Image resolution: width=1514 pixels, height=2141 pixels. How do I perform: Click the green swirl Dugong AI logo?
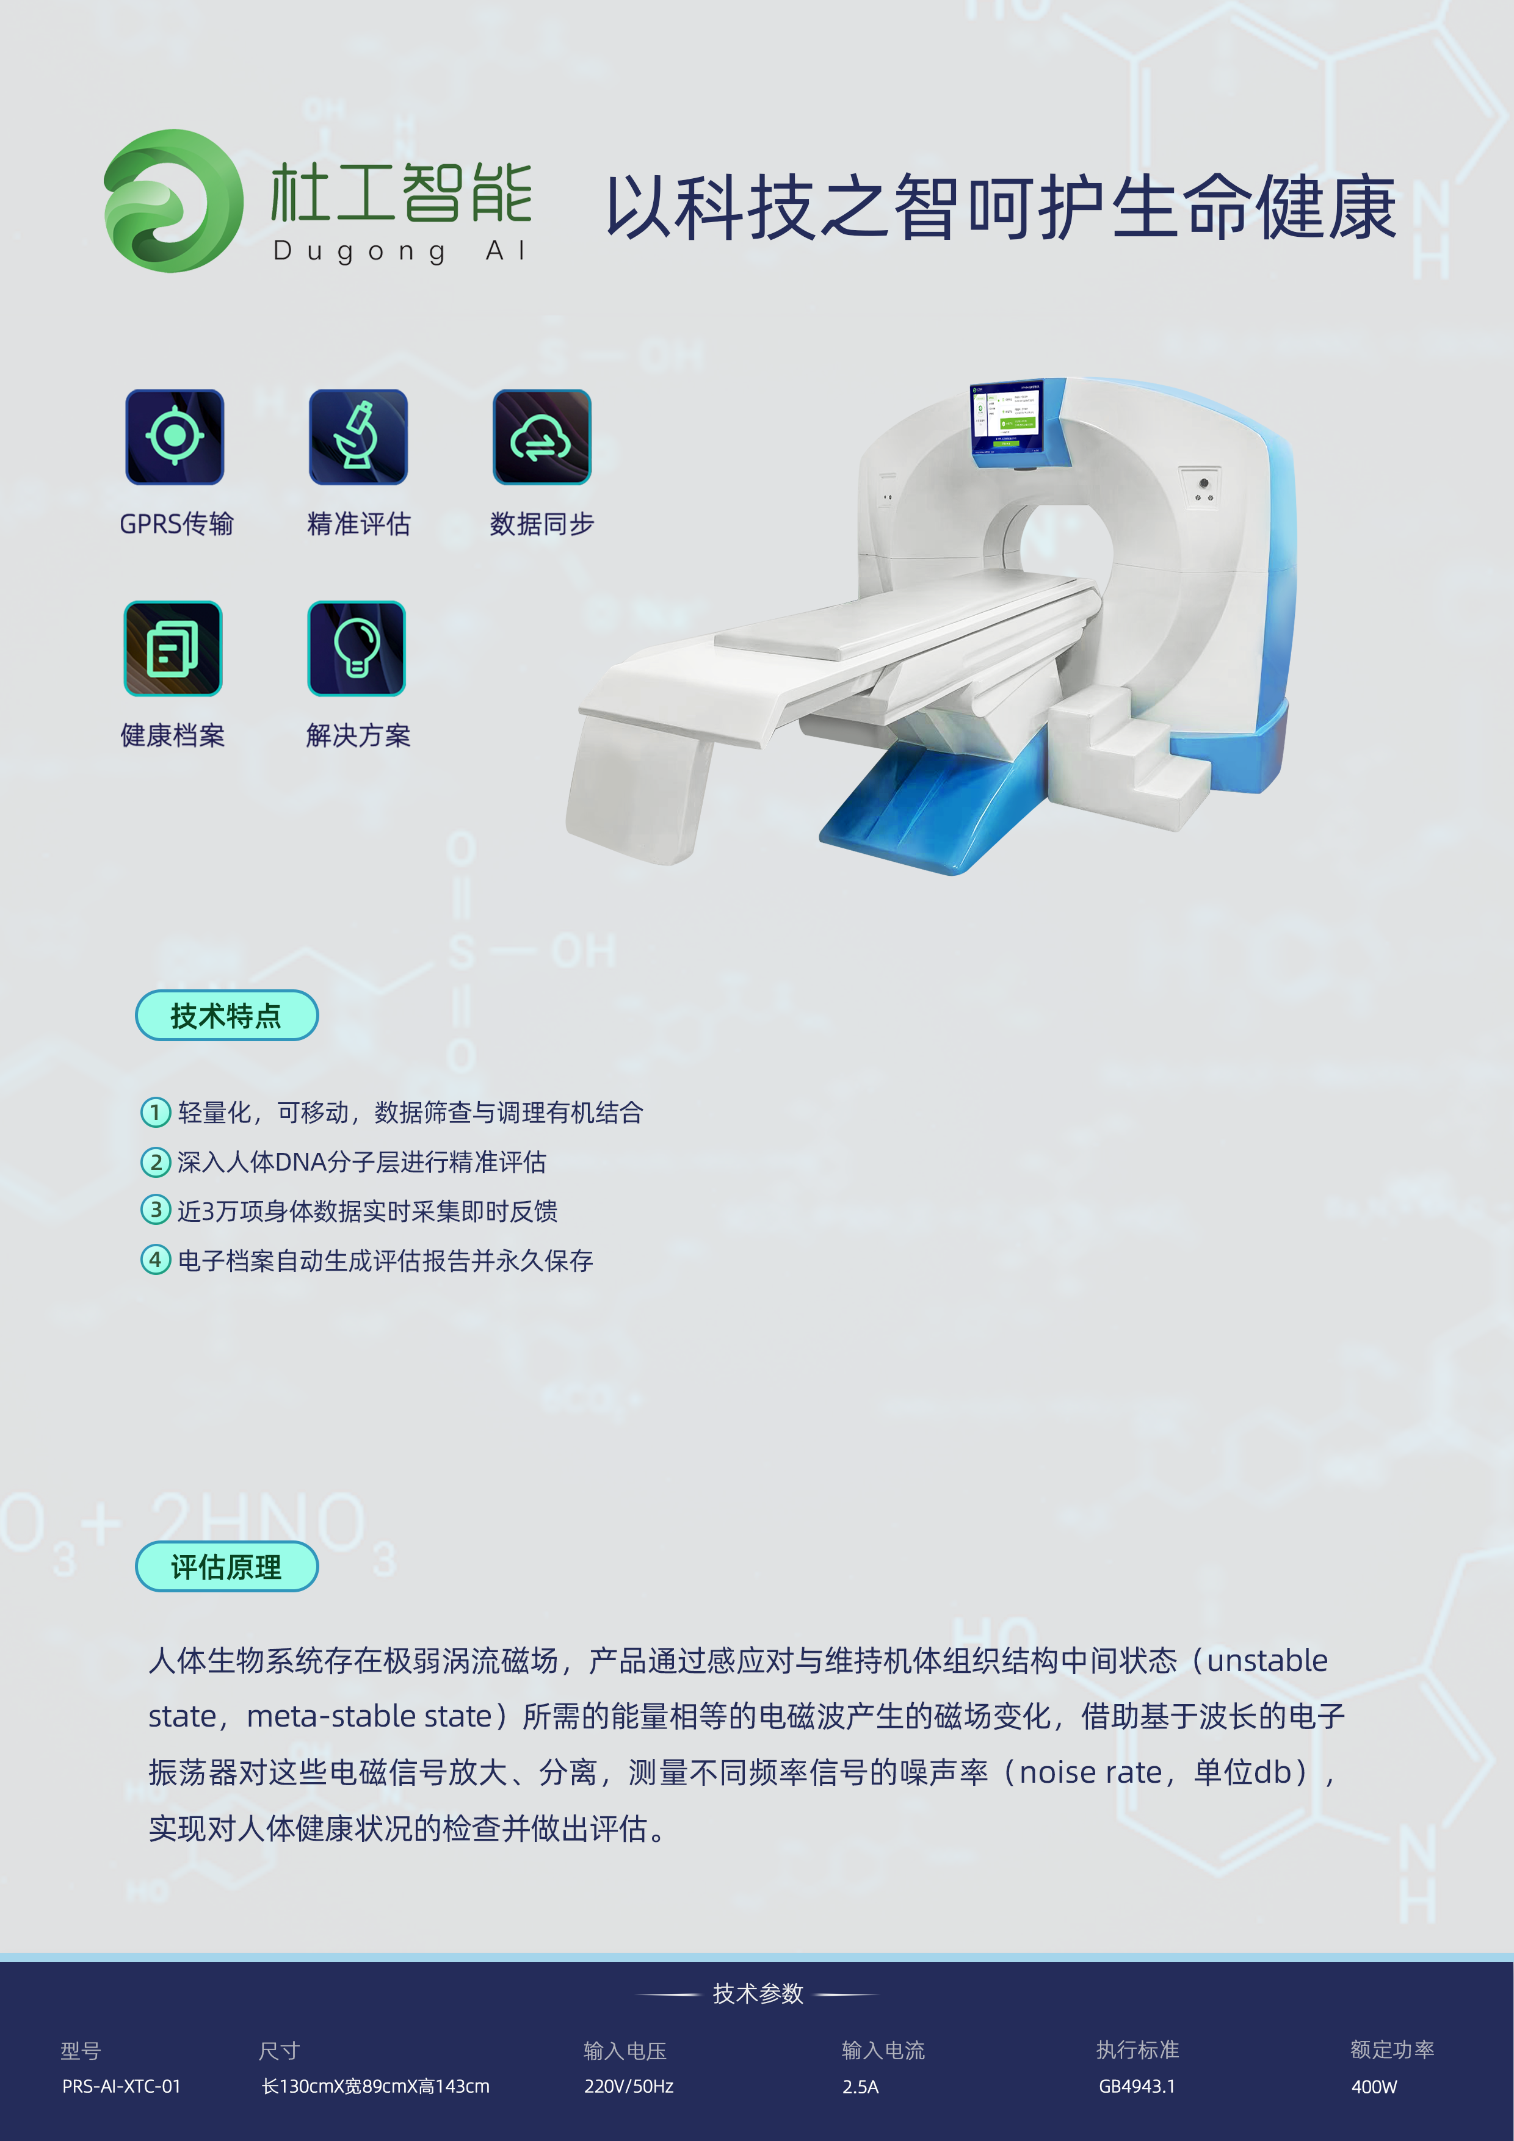pos(173,200)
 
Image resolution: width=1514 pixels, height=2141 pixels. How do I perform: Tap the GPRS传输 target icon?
pos(175,436)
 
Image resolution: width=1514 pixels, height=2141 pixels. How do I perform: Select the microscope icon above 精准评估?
pos(358,436)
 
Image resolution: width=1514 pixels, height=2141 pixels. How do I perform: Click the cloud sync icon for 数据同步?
pos(542,436)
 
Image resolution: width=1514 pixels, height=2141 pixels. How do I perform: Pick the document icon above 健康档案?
pos(173,648)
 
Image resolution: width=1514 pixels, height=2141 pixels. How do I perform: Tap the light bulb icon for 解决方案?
pos(357,648)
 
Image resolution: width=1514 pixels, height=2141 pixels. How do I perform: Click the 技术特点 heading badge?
pos(226,1016)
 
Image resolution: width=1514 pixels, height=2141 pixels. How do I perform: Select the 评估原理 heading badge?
pos(226,1567)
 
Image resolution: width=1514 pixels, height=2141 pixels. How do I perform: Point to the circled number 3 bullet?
pos(155,1210)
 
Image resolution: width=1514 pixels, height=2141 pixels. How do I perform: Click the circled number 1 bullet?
pos(155,1111)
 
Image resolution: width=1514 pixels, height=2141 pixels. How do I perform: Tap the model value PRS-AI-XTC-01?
pos(121,2086)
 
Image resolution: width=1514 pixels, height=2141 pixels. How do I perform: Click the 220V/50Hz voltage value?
pos(629,2086)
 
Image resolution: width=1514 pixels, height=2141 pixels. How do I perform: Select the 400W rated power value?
pos(1374,2086)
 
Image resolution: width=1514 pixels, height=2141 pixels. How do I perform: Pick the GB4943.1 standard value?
pos(1137,2086)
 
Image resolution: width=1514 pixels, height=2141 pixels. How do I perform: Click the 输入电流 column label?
pos(883,2049)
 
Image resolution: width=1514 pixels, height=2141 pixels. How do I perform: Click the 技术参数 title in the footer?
pos(758,1993)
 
